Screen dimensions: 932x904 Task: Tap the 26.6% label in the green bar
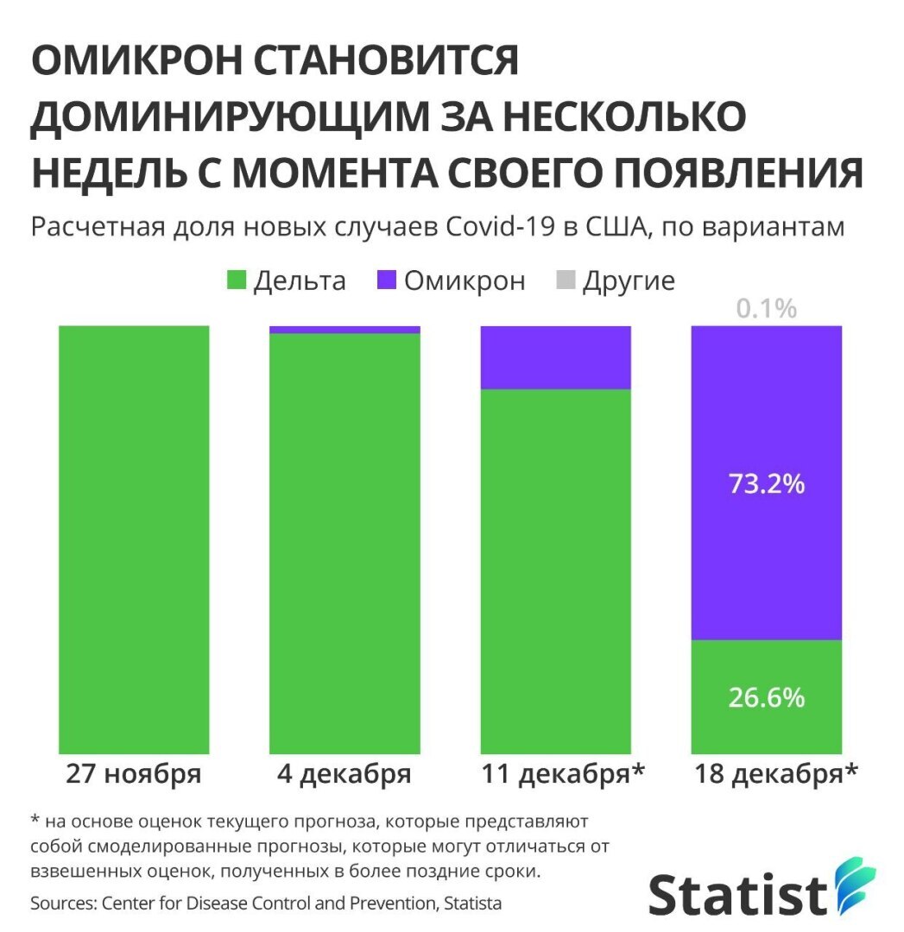[767, 696]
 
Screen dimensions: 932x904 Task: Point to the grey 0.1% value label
[767, 308]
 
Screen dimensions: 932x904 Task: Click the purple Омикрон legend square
[387, 280]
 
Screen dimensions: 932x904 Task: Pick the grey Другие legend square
[566, 280]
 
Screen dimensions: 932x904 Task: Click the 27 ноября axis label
[134, 773]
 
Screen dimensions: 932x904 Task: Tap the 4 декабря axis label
[344, 773]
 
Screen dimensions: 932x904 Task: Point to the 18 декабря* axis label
[776, 773]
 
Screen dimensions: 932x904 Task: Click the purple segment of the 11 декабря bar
[555, 357]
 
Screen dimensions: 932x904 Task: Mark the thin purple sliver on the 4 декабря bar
[345, 330]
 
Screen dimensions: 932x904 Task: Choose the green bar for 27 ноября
[134, 539]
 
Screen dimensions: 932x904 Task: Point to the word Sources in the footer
[61, 904]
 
